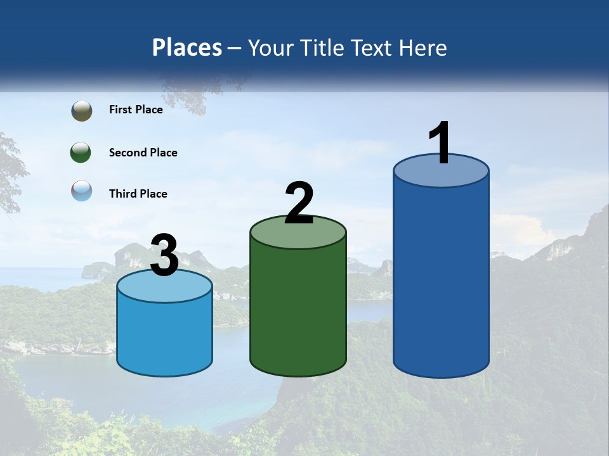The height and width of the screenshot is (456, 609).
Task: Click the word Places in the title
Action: [187, 47]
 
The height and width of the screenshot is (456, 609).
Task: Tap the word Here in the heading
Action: [423, 47]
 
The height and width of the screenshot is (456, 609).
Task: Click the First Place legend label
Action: [136, 110]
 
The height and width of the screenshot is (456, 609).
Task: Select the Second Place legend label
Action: [143, 153]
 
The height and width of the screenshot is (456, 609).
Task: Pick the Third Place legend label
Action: [138, 194]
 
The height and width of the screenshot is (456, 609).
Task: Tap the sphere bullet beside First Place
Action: [81, 111]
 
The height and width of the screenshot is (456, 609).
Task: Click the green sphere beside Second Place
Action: [81, 153]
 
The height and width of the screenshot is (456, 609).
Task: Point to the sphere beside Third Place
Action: [81, 191]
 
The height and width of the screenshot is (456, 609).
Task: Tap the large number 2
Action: [299, 203]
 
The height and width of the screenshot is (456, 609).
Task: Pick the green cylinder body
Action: [298, 310]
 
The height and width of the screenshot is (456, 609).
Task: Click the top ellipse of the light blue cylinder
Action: [164, 287]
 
